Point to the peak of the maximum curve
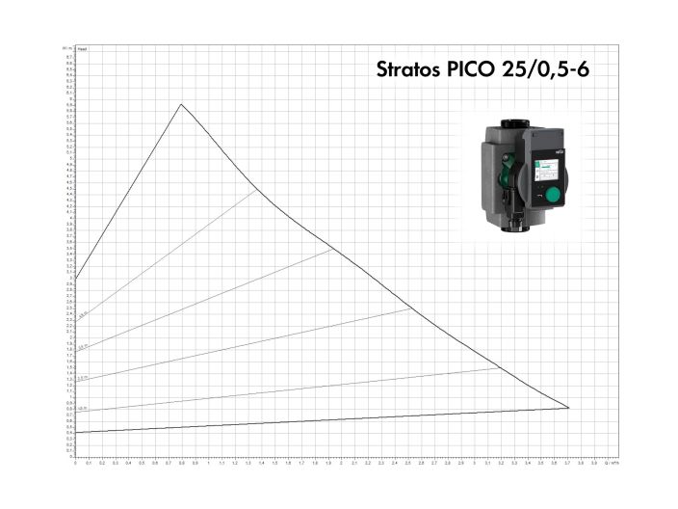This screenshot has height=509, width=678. point(181,104)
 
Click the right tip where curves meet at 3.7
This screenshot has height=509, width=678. point(568,408)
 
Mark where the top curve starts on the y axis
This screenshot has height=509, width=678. point(75,280)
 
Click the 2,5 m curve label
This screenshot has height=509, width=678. point(84,314)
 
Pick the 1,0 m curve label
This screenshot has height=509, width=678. point(84,409)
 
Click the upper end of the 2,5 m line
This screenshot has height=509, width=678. point(256,190)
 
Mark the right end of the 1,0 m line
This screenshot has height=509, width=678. point(500,367)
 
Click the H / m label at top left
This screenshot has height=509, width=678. point(66,46)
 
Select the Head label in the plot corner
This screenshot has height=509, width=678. point(82,47)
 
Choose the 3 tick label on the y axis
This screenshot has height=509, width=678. point(70,279)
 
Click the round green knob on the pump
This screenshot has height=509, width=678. point(552,198)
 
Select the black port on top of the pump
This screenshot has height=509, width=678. point(510,123)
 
